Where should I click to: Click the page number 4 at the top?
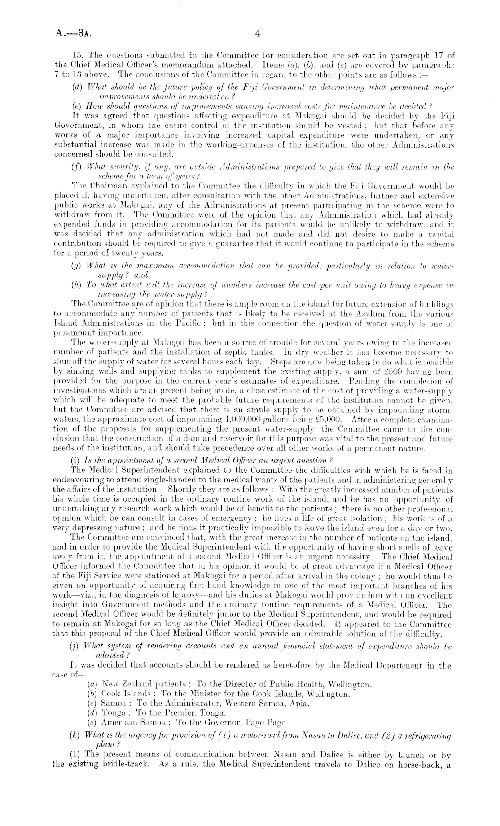tap(258, 33)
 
